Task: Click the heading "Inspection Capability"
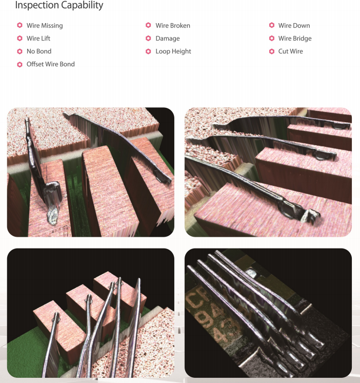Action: pyautogui.click(x=59, y=6)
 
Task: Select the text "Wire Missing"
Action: pyautogui.click(x=45, y=26)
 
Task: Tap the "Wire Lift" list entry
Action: pyautogui.click(x=38, y=39)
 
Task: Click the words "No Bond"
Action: pyautogui.click(x=39, y=51)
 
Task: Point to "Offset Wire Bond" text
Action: pyautogui.click(x=50, y=64)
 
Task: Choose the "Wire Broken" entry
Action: pyautogui.click(x=173, y=26)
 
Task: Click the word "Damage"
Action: pyautogui.click(x=168, y=39)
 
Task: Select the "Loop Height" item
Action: pyautogui.click(x=173, y=51)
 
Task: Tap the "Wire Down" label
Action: pyautogui.click(x=294, y=26)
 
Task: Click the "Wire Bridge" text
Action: pyautogui.click(x=295, y=39)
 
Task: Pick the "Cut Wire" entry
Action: pyautogui.click(x=291, y=51)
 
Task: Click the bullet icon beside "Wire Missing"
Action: pyautogui.click(x=19, y=26)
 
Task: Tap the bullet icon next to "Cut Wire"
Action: pyautogui.click(x=272, y=51)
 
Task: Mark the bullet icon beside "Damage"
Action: pyautogui.click(x=148, y=39)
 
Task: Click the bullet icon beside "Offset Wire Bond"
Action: pyautogui.click(x=19, y=64)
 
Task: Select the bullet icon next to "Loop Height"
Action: pyautogui.click(x=148, y=51)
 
